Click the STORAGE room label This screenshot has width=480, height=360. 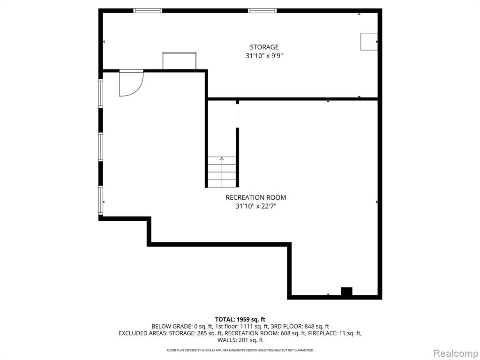click(264, 47)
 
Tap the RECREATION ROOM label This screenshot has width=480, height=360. click(256, 197)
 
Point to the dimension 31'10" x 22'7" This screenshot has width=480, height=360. click(256, 206)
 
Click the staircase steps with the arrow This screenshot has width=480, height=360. click(222, 172)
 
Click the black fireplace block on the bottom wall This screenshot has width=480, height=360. click(346, 291)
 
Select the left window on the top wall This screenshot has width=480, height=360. click(148, 11)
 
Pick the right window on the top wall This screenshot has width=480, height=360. click(262, 11)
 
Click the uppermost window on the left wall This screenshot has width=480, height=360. click(100, 93)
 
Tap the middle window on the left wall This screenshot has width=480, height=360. click(100, 147)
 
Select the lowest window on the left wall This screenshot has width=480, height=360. click(100, 200)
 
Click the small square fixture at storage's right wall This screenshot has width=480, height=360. click(369, 41)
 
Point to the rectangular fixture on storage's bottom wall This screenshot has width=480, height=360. click(180, 61)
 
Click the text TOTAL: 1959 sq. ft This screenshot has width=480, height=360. click(240, 320)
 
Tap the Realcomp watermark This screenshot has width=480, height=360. click(456, 353)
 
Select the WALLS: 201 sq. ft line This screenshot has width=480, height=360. click(240, 340)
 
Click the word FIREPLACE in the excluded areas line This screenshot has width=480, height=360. click(323, 333)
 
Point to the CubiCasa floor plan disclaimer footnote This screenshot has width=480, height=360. click(240, 350)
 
